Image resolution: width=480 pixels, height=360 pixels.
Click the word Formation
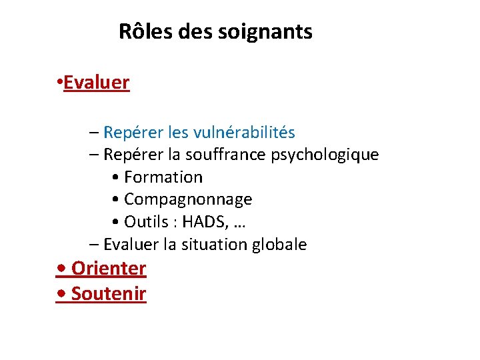coord(163,177)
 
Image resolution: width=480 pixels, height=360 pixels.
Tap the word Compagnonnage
coord(188,200)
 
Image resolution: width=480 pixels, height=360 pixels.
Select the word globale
coord(279,245)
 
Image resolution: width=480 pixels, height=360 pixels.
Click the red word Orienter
coord(108,269)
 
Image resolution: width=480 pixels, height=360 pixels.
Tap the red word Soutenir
coord(108,293)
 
